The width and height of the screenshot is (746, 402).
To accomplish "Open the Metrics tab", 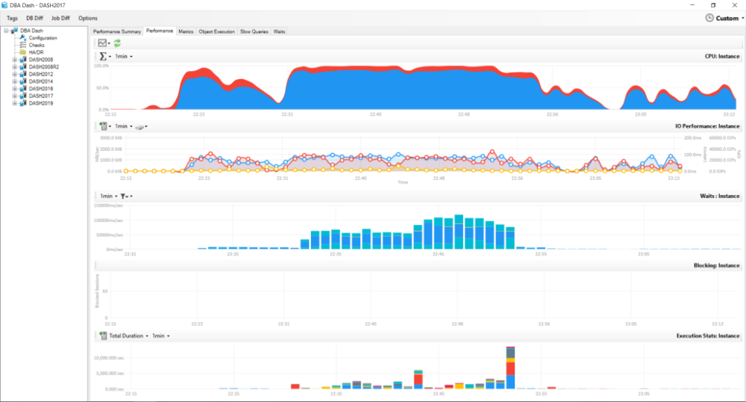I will [186, 31].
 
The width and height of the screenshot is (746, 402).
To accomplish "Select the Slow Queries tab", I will [254, 31].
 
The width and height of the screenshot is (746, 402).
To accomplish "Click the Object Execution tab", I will [217, 31].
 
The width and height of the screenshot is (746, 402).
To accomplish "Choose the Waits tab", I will [279, 31].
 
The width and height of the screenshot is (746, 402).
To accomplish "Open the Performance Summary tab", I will [117, 31].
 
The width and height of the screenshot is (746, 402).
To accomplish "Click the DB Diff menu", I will [35, 18].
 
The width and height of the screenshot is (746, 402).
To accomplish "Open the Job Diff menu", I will [60, 18].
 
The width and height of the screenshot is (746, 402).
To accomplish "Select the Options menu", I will [88, 18].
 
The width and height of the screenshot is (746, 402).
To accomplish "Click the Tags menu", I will [12, 18].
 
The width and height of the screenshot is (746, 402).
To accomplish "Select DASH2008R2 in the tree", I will [44, 67].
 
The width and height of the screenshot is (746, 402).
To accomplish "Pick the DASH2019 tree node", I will [41, 103].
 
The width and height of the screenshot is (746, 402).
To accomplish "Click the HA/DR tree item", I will [37, 52].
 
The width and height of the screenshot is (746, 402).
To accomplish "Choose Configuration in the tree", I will [43, 38].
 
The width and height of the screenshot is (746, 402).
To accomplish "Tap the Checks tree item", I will [37, 45].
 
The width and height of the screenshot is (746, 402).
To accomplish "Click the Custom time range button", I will [721, 18].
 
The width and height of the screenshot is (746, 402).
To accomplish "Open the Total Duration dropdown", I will [128, 336].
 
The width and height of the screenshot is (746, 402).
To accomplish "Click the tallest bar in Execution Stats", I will [510, 366].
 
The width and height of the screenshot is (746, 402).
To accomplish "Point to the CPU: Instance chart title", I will [721, 56].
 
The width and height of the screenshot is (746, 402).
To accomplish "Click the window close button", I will [734, 4].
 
